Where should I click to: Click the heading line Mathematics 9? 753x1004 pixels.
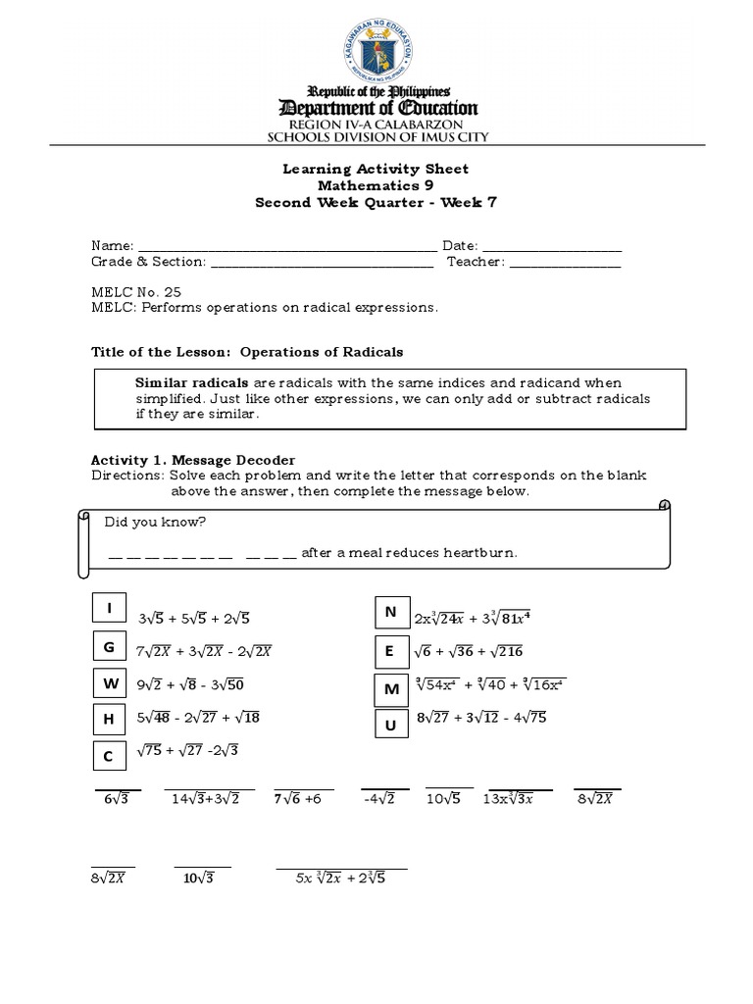(376, 185)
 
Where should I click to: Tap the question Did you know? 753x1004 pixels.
(155, 522)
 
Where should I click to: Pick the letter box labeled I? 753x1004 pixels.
(110, 610)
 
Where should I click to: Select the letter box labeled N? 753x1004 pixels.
(390, 613)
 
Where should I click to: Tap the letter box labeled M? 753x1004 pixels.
(391, 690)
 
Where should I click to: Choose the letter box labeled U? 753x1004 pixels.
(391, 725)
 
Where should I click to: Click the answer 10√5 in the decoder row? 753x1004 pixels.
(449, 799)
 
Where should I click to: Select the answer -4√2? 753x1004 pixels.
(377, 799)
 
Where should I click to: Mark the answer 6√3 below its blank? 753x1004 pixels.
(117, 799)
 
